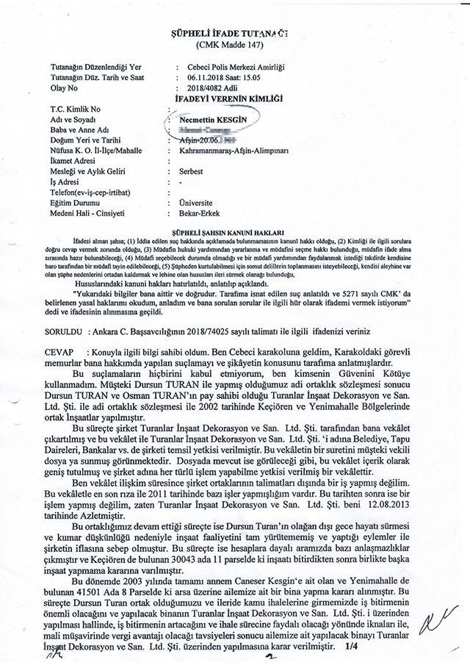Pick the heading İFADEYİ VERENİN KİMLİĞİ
(x=234, y=98)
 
